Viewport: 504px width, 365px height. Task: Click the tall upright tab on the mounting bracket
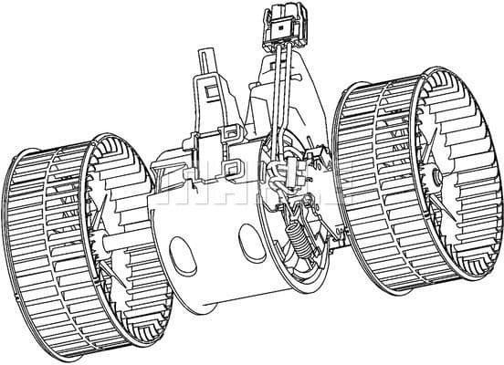click(211, 91)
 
